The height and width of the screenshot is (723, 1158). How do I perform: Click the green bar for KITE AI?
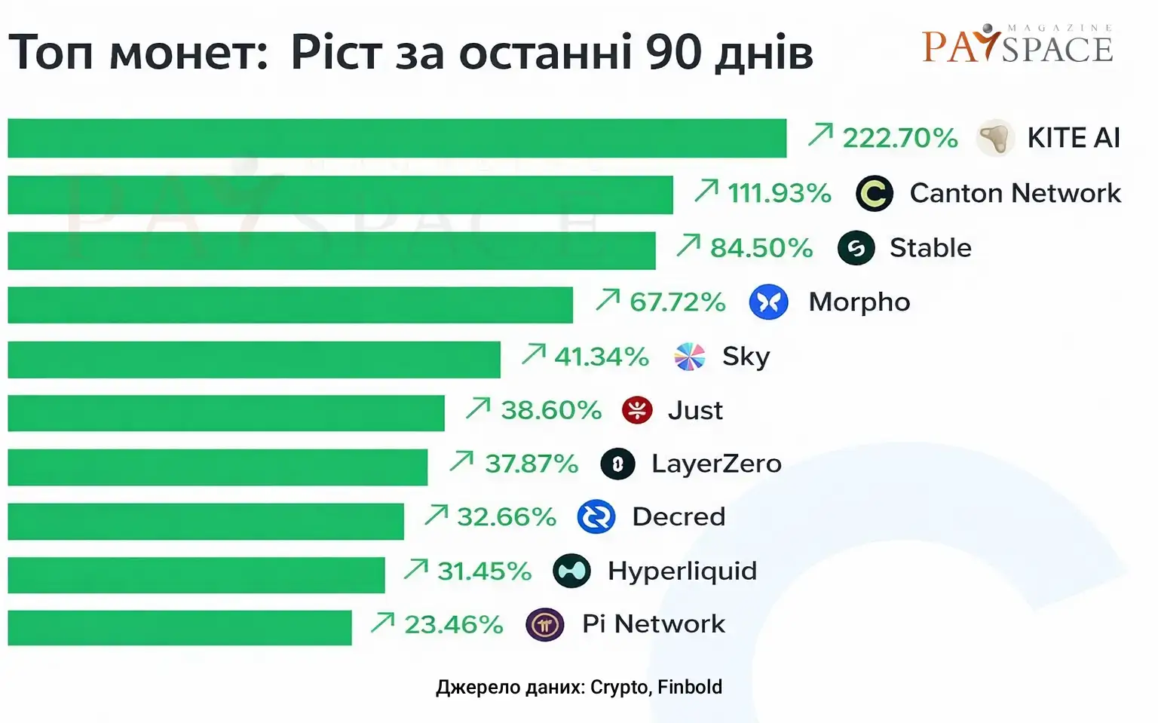pyautogui.click(x=397, y=138)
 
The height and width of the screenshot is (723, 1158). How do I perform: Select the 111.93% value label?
pyautogui.click(x=779, y=193)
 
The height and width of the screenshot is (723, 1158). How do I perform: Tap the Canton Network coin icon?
pyautogui.click(x=875, y=194)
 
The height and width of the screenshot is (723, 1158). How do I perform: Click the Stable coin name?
pyautogui.click(x=930, y=248)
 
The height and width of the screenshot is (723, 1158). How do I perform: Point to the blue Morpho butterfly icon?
pyautogui.click(x=768, y=302)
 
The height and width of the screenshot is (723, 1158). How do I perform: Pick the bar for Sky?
pyautogui.click(x=254, y=360)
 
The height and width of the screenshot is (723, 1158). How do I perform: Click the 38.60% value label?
pyautogui.click(x=551, y=410)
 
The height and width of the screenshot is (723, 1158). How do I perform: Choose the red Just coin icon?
pyautogui.click(x=637, y=410)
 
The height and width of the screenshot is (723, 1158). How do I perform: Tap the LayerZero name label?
pyautogui.click(x=716, y=464)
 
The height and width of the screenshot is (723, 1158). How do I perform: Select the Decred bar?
pyautogui.click(x=206, y=521)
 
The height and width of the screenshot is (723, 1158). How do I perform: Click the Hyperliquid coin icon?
pyautogui.click(x=571, y=571)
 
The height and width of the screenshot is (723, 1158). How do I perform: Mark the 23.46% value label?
pyautogui.click(x=453, y=624)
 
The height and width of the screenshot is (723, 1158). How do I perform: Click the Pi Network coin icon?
pyautogui.click(x=544, y=624)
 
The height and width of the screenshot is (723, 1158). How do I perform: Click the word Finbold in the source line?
pyautogui.click(x=689, y=687)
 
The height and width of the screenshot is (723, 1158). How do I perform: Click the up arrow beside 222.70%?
pyautogui.click(x=820, y=135)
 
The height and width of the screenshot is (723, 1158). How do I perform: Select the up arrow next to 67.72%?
pyautogui.click(x=608, y=299)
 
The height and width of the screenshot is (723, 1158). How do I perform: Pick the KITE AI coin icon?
pyautogui.click(x=994, y=138)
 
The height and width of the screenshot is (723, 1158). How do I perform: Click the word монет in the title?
pyautogui.click(x=188, y=53)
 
